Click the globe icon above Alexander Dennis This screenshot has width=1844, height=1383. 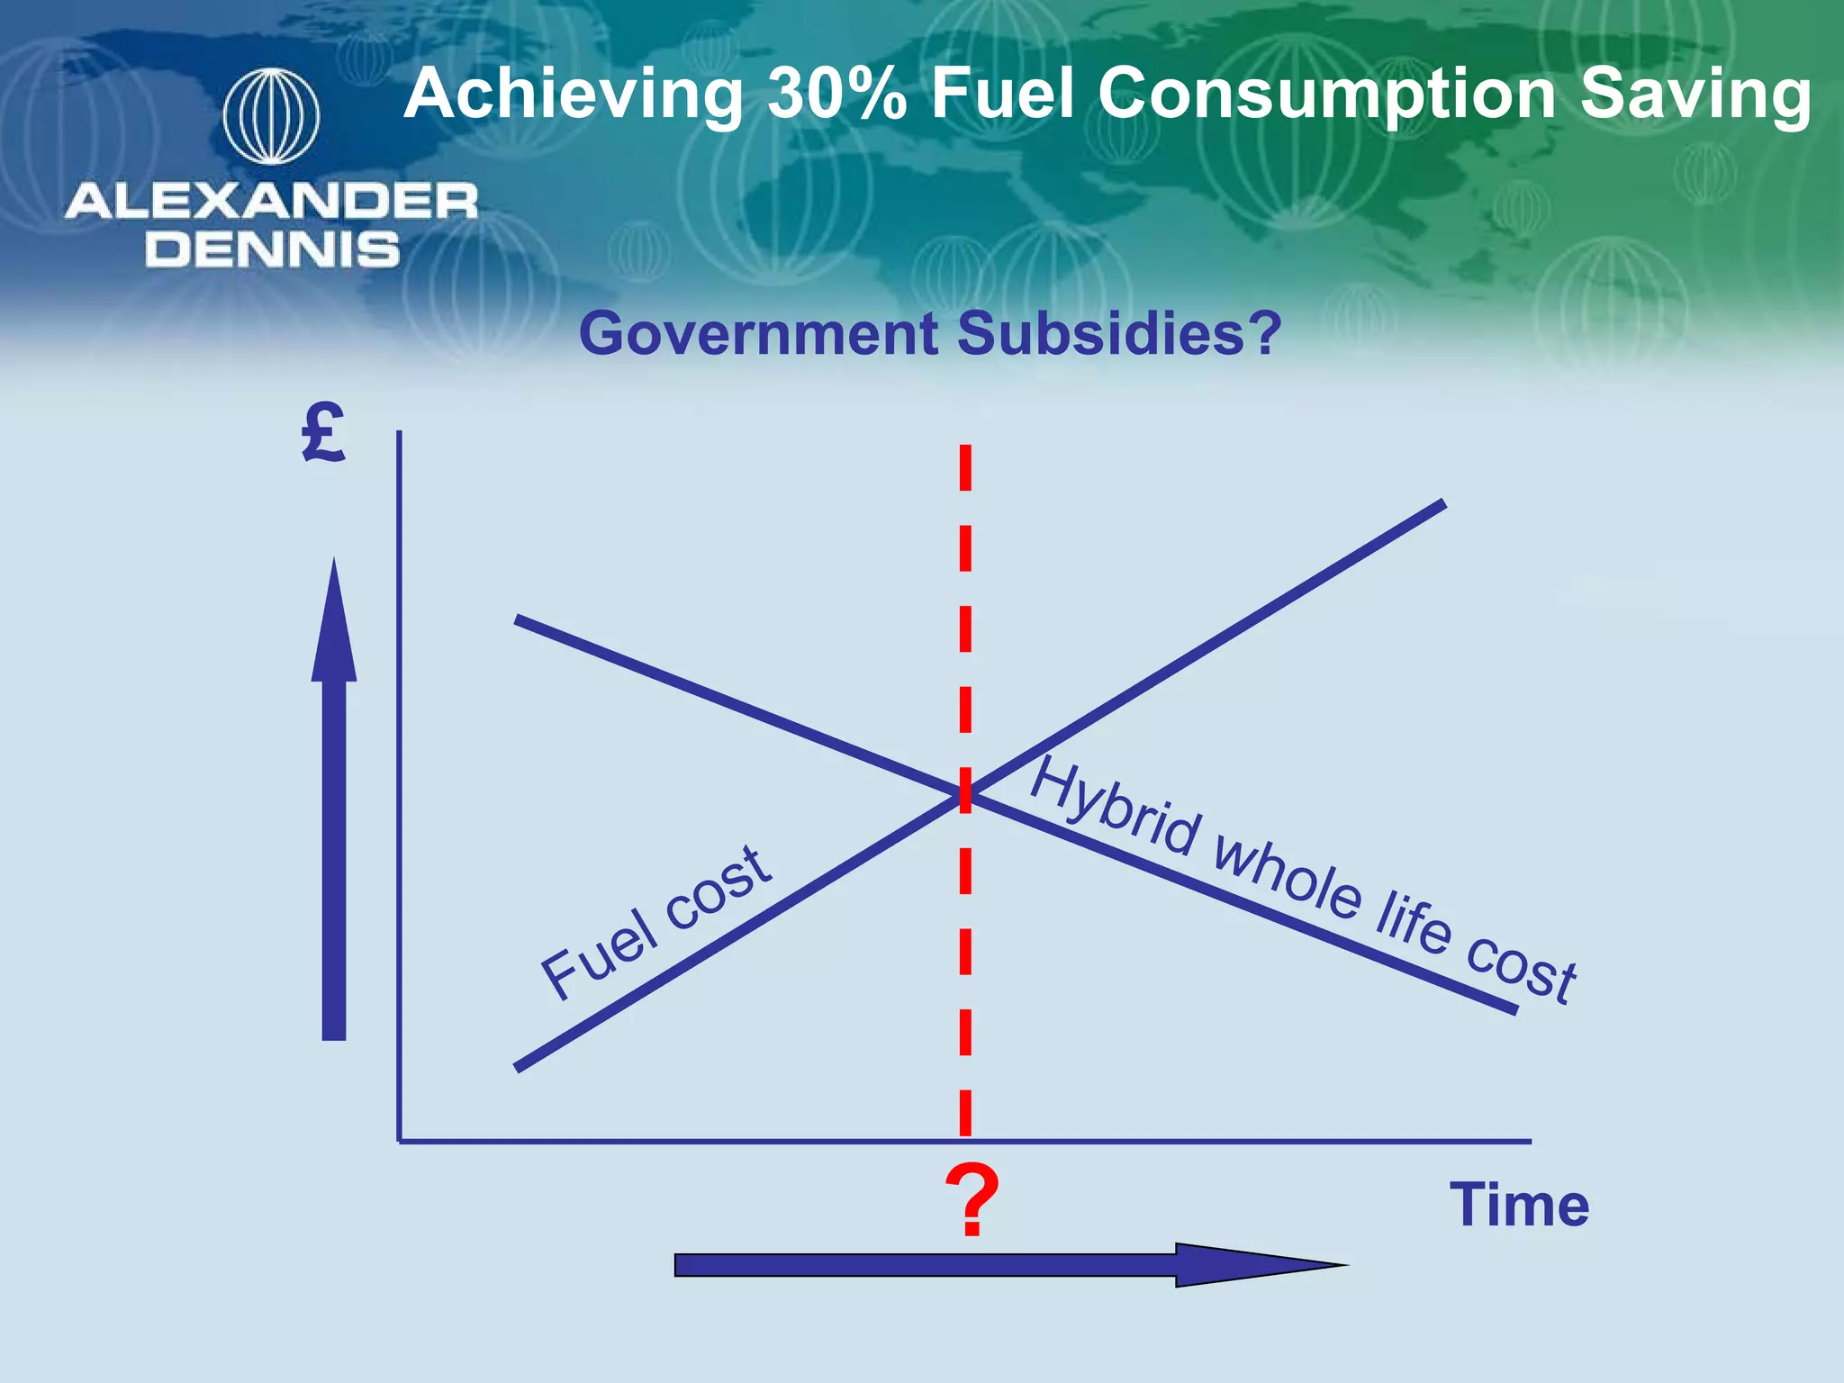271,117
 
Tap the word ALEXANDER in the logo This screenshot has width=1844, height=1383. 271,201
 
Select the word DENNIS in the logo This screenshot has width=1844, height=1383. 272,249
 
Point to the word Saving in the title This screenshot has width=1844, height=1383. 1695,94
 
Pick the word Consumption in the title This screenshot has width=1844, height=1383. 1326,95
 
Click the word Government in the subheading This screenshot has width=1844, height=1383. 759,334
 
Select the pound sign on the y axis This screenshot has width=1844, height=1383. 323,434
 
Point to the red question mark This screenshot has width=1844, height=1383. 972,1201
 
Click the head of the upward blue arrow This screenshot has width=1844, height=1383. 334,621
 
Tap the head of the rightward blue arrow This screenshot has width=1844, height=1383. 1261,1265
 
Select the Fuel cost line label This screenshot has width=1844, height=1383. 655,923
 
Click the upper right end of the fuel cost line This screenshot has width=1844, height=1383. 1442,505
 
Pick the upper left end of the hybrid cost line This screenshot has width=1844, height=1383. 518,619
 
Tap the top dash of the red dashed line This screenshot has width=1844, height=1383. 965,467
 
